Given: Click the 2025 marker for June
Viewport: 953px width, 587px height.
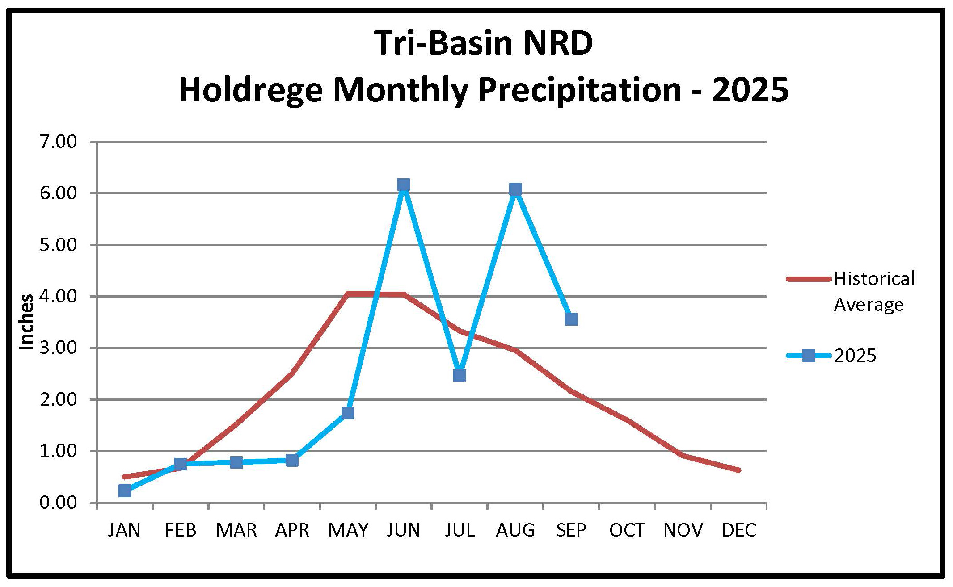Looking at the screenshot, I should tap(404, 184).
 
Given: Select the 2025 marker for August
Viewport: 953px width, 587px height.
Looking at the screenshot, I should tap(515, 189).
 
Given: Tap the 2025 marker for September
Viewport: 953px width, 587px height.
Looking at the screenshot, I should tap(571, 319).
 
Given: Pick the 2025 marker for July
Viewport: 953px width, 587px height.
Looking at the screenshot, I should tap(460, 375).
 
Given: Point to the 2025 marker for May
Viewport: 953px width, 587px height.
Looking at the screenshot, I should tap(348, 413).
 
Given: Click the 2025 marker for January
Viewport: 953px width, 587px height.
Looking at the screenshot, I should tap(125, 491).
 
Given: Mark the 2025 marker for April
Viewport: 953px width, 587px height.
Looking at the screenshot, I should tap(292, 460).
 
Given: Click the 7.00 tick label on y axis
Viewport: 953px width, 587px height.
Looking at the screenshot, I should tap(58, 142).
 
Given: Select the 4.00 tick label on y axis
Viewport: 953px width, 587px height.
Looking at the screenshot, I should tap(58, 297).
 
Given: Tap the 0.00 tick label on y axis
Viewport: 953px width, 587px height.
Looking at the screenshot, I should tap(58, 503).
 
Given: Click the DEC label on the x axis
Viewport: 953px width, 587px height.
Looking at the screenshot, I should tap(739, 530).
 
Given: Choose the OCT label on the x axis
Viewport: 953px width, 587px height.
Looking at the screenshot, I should tap(627, 530).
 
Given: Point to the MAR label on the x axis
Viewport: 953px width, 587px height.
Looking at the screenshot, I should tap(236, 530).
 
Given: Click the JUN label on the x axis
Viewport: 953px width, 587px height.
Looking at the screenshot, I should tap(404, 530).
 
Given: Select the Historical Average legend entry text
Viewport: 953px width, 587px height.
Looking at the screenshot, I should tap(874, 291).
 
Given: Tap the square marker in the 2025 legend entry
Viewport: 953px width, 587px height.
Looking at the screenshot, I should tap(808, 356).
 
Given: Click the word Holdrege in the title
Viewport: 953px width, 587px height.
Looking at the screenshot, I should tap(250, 91).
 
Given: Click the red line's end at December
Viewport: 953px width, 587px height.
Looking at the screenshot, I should tap(739, 470).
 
